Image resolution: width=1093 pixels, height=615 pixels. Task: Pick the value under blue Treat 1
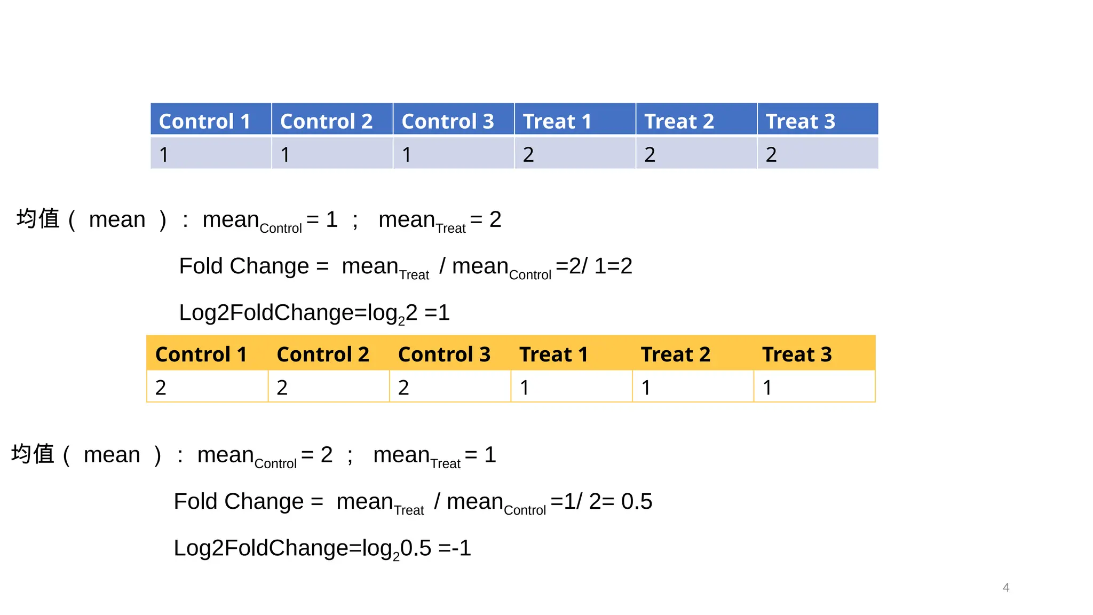(574, 154)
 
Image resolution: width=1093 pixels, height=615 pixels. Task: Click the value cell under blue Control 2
(332, 154)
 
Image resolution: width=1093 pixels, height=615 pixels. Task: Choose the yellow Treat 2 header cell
(692, 353)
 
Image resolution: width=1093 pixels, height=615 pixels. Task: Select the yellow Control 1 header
(207, 353)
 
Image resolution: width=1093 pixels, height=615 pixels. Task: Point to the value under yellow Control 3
(449, 387)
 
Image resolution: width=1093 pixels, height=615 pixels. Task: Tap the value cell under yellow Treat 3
(813, 387)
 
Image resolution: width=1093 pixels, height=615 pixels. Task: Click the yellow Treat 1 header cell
(571, 353)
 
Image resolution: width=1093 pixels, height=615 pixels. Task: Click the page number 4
(1005, 587)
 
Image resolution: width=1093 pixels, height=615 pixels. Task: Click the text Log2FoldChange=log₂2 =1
(314, 313)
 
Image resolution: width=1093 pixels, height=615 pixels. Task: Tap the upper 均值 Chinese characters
(38, 219)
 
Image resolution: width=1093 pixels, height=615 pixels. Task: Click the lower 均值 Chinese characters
(33, 454)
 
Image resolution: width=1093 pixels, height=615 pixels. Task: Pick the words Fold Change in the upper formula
(244, 266)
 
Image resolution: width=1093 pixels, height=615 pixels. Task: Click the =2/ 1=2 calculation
(593, 266)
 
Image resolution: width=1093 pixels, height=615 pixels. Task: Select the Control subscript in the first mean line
(281, 228)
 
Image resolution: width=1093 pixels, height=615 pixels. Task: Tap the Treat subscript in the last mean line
(445, 464)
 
